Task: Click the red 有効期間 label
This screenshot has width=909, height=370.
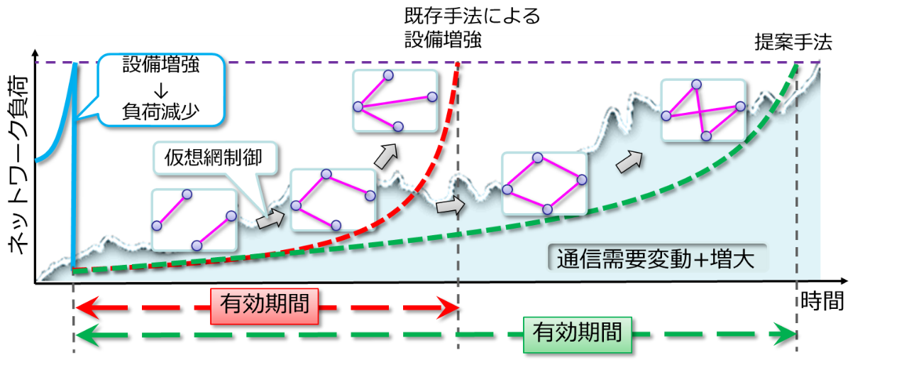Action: pyautogui.click(x=264, y=306)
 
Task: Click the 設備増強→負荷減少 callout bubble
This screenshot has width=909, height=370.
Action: pyautogui.click(x=161, y=89)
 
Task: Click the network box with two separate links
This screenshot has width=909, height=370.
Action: pyautogui.click(x=194, y=220)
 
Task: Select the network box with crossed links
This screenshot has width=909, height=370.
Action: pyautogui.click(x=703, y=111)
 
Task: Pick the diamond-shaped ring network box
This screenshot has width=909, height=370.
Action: pyautogui.click(x=544, y=183)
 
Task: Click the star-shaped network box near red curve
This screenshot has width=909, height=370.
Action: pyautogui.click(x=395, y=101)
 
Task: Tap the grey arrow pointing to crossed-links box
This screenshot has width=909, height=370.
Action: pyautogui.click(x=628, y=162)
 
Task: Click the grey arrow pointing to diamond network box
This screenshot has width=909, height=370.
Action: pyautogui.click(x=449, y=207)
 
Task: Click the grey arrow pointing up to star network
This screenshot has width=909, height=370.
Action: pyautogui.click(x=386, y=156)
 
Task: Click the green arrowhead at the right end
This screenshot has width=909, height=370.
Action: pyautogui.click(x=788, y=334)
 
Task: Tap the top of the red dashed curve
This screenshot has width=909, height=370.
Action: pyautogui.click(x=458, y=65)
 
